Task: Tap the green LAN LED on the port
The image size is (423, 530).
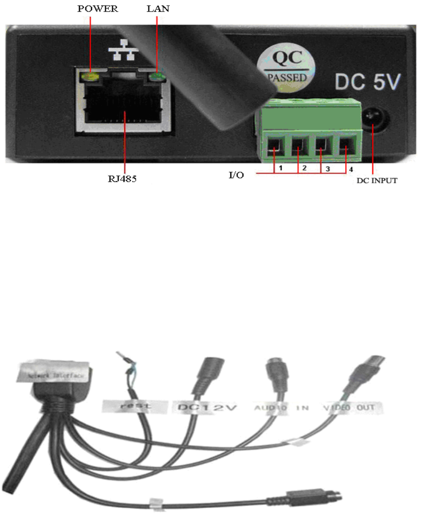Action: tap(157, 77)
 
